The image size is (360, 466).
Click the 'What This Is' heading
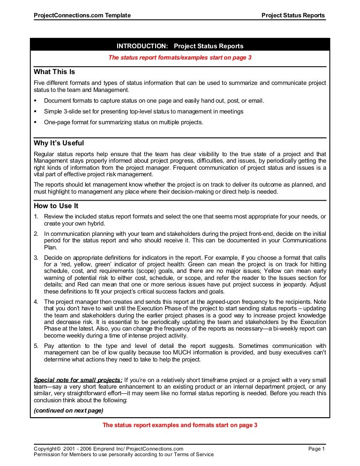54,72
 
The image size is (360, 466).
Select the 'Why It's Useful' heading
59,143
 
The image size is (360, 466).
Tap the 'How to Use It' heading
56,205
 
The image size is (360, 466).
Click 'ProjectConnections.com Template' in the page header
82,15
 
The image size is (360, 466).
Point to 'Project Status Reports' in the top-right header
293,15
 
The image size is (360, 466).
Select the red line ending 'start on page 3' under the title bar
180,58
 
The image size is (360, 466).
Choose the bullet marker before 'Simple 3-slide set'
36,112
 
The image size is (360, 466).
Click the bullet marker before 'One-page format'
36,122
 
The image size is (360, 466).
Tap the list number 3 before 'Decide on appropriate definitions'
36,258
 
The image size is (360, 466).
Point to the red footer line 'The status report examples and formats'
180,425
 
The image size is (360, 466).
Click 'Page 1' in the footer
316,449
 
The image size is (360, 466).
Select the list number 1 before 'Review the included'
36,216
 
